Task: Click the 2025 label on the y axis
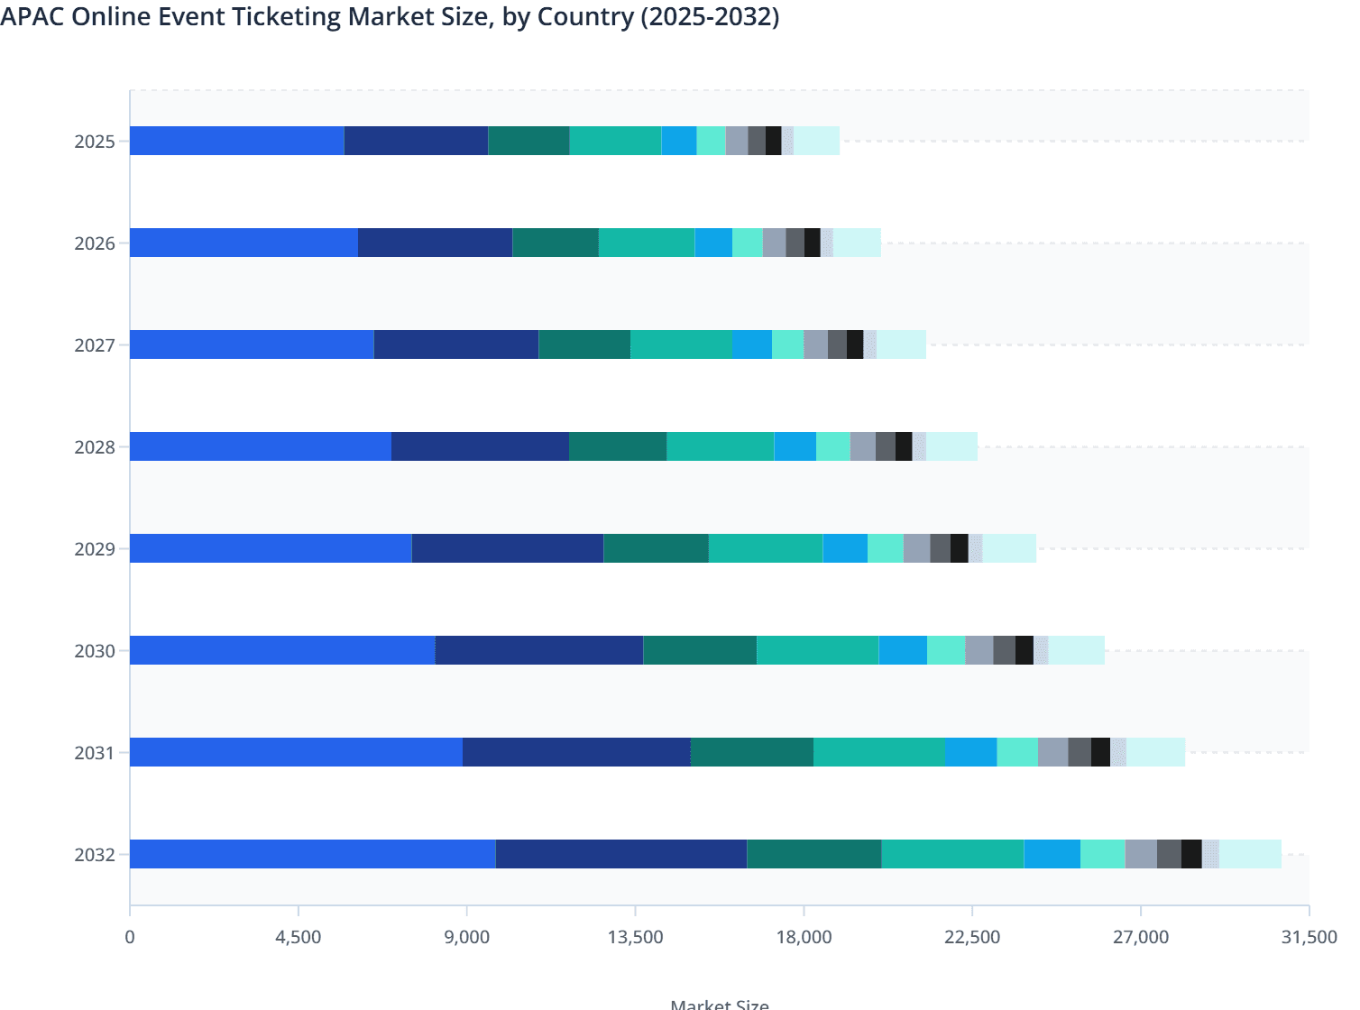coord(95,142)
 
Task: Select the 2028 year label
coord(95,447)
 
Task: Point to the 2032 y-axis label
coord(95,855)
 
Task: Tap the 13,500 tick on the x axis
coord(635,937)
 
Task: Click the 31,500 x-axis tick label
coord(1309,937)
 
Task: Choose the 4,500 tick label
coord(299,937)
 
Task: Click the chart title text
coord(390,17)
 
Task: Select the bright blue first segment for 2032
coord(312,854)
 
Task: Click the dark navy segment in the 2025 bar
coord(416,141)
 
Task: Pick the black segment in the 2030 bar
coord(1024,650)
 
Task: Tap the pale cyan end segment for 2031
coord(1155,752)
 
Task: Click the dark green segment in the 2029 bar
coord(656,548)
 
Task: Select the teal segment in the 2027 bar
coord(681,344)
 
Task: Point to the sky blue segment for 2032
coord(1052,854)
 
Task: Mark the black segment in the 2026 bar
coord(812,243)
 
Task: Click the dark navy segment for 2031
coord(576,752)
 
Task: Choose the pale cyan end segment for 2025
coord(816,141)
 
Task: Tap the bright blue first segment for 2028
coord(261,446)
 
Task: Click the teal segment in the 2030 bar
coord(817,650)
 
